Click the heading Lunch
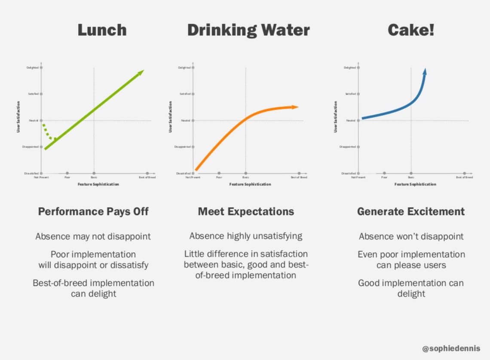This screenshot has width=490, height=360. (x=102, y=30)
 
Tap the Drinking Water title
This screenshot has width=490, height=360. (x=248, y=30)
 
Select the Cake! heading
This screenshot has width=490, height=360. (x=411, y=30)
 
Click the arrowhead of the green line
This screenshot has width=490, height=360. (x=140, y=73)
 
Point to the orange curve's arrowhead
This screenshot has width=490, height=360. (x=295, y=107)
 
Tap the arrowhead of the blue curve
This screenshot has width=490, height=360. (x=425, y=71)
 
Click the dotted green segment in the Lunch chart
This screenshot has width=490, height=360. (x=48, y=132)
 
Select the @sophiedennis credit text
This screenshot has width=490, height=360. (x=451, y=348)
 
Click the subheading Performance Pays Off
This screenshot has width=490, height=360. (x=93, y=211)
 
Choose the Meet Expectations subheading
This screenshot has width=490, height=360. (x=246, y=211)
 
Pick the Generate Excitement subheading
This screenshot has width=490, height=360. (x=410, y=211)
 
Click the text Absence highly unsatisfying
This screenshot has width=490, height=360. (x=246, y=236)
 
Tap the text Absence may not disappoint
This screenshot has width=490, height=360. (x=93, y=236)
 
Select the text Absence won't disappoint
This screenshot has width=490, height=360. (x=411, y=236)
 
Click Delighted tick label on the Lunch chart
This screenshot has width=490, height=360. (x=32, y=67)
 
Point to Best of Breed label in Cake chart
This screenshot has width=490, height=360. (x=464, y=177)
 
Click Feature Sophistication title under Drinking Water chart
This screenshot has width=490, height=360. (x=250, y=184)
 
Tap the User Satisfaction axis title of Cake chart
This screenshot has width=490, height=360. (x=336, y=117)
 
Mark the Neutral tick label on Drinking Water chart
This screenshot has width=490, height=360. (x=185, y=121)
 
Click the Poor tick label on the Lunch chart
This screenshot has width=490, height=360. (x=67, y=177)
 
